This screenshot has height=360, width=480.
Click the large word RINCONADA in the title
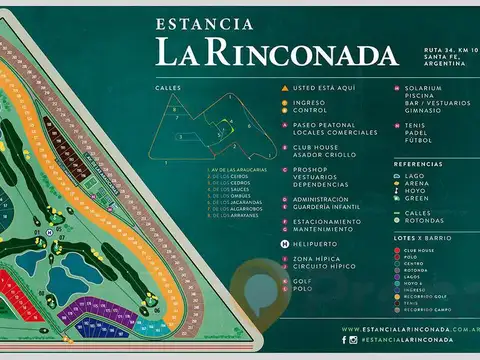[x=290, y=51]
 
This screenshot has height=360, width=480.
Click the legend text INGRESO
[x=310, y=101]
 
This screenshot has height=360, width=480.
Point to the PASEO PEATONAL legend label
[x=322, y=125]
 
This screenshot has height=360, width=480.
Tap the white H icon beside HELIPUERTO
[x=285, y=241]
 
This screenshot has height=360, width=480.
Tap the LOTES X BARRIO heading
[x=420, y=236]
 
